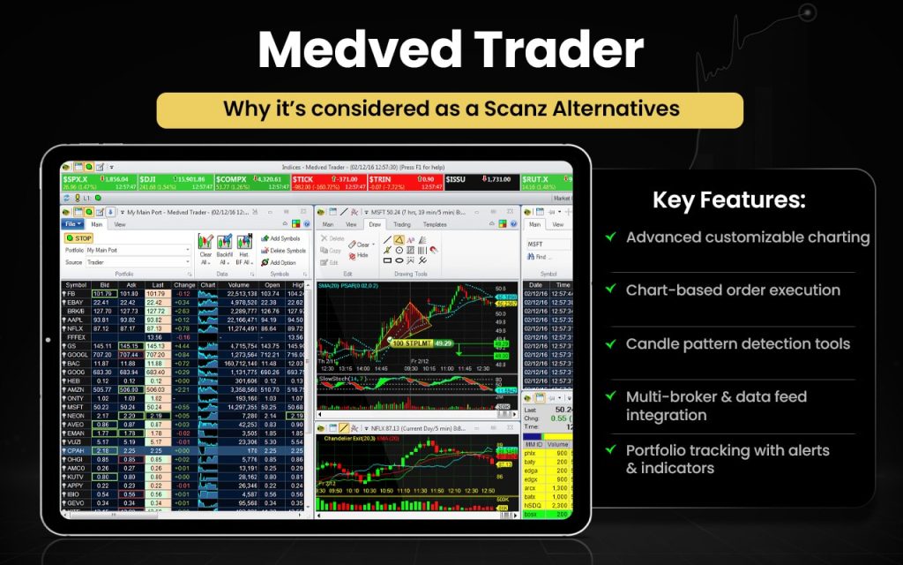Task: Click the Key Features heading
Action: click(728, 200)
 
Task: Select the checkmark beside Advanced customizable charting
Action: click(610, 237)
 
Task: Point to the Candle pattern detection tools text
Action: click(737, 343)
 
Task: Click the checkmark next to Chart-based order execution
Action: click(610, 290)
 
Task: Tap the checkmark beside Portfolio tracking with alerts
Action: click(610, 450)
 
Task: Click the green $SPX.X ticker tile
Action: click(98, 182)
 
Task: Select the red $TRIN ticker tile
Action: click(405, 182)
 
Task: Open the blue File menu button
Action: click(73, 224)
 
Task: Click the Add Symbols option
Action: click(284, 238)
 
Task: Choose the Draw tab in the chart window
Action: click(375, 224)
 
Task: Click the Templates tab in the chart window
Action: click(435, 224)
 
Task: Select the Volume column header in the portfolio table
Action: click(238, 285)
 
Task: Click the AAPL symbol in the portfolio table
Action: click(76, 320)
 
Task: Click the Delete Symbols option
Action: click(284, 251)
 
